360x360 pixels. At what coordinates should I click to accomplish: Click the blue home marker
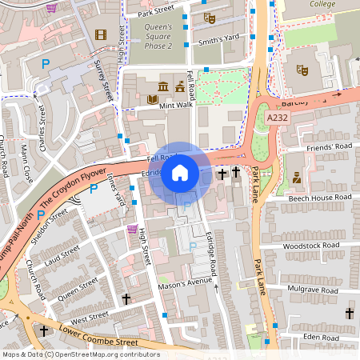tap(180, 173)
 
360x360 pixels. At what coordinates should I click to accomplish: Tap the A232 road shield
tap(277, 118)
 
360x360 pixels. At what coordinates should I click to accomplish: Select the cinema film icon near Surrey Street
tap(100, 34)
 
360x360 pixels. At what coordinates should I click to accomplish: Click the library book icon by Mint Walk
tap(153, 100)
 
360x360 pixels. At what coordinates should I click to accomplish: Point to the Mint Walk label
tap(177, 105)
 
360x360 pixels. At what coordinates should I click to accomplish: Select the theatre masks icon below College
tap(302, 70)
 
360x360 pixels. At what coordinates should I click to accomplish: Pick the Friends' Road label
tap(330, 147)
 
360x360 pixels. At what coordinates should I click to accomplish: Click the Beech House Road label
tap(319, 197)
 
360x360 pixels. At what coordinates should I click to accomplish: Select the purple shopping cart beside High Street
tap(132, 230)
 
